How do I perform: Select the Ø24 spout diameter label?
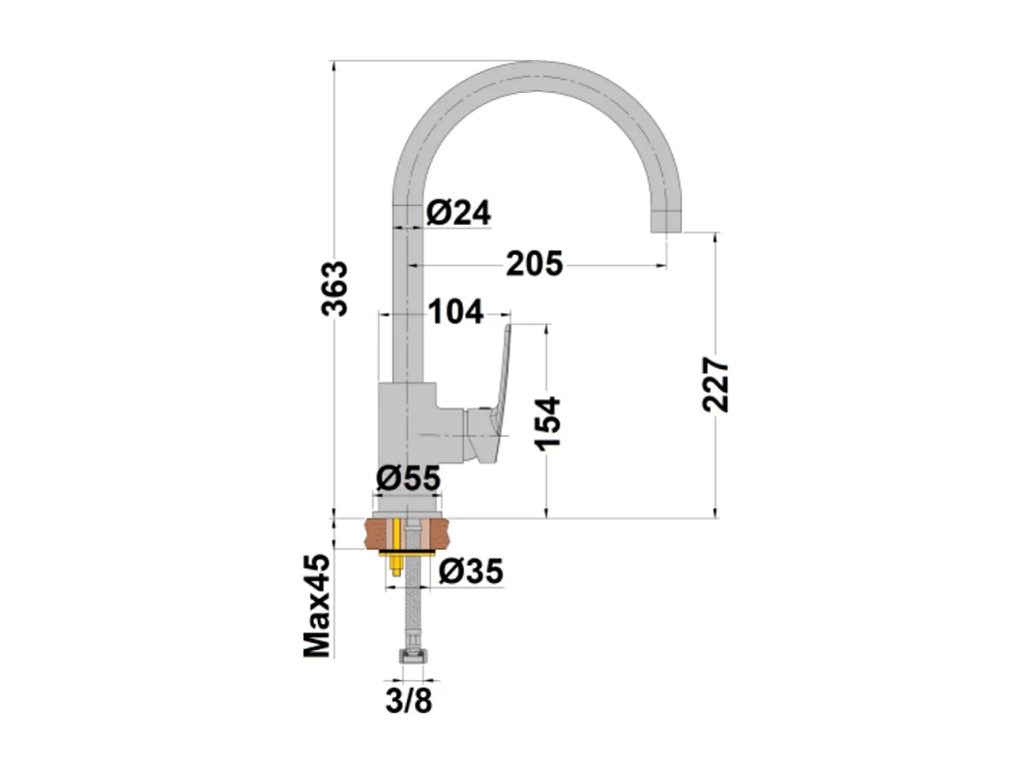point(458,213)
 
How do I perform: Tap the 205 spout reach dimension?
point(534,265)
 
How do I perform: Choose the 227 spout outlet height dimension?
point(717,384)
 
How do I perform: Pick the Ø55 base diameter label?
point(408,479)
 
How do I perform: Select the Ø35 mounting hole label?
point(471,570)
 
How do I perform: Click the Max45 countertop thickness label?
point(318,604)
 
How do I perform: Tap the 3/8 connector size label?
point(410,700)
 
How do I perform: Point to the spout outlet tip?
point(666,222)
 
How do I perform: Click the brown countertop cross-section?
point(380,535)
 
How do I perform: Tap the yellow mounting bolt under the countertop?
point(398,567)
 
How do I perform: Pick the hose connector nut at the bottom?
point(410,660)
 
